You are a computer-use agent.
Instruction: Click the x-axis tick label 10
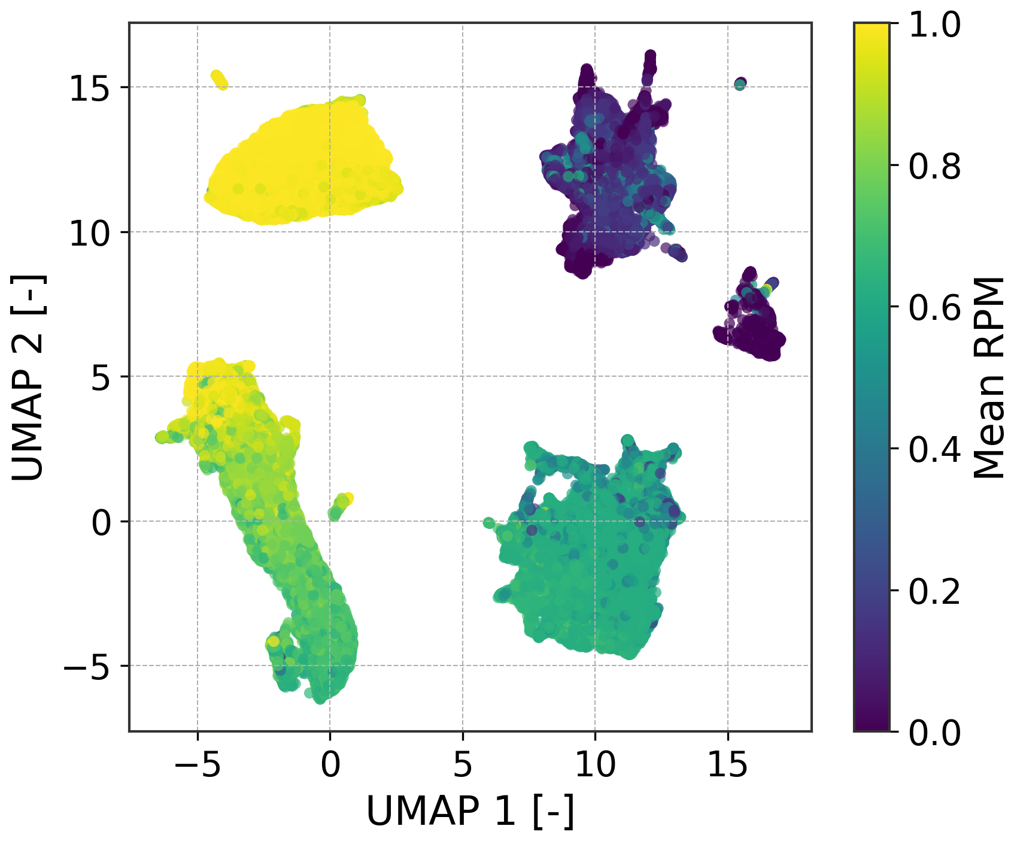tap(595, 765)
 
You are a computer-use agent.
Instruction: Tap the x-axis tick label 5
tap(463, 765)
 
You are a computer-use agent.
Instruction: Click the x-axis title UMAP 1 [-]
tap(470, 812)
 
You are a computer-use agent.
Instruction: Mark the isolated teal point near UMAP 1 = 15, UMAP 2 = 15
tap(740, 84)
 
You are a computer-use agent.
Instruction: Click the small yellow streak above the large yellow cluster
tap(219, 80)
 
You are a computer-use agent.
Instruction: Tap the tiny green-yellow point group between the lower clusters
tap(341, 506)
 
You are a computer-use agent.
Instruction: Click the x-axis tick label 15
tap(728, 765)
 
